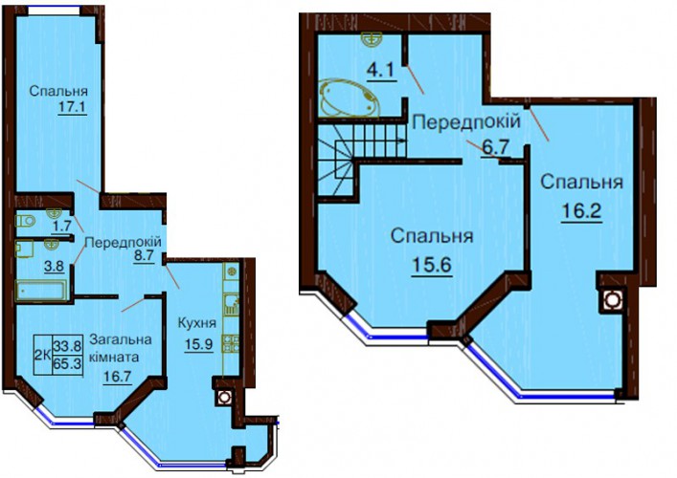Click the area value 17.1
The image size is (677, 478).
click(73, 106)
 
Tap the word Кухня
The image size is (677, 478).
click(197, 323)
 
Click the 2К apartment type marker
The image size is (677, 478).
click(42, 356)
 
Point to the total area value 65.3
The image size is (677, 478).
click(67, 364)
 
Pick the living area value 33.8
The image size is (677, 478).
click(67, 345)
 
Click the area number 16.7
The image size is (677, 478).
click(117, 377)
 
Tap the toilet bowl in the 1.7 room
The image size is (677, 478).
click(25, 221)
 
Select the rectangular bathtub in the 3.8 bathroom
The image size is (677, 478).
click(42, 290)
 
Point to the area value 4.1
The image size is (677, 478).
click(380, 70)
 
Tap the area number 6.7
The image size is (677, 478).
click(496, 148)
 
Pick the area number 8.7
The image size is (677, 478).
click(144, 255)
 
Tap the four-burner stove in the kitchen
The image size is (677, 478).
click(230, 343)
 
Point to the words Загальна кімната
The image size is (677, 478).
click(121, 348)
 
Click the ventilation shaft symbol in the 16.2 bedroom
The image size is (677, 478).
click(610, 299)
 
